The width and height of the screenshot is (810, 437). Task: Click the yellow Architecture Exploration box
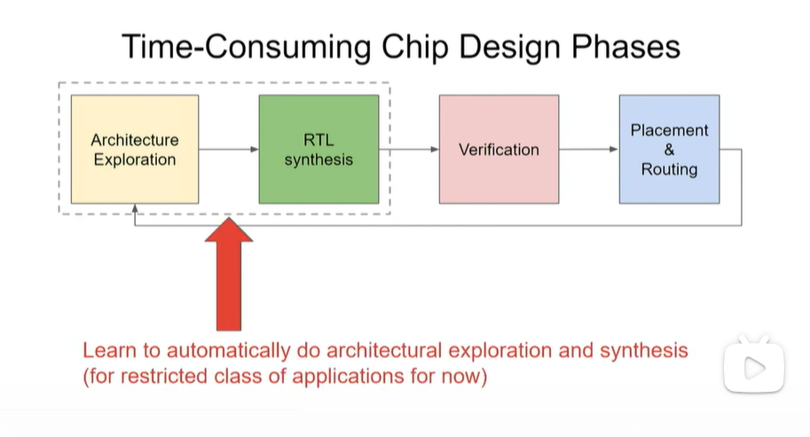[x=134, y=150]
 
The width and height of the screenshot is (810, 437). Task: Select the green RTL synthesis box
[x=318, y=150]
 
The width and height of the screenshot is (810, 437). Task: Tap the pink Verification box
[x=499, y=150]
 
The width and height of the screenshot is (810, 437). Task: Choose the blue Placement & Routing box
[x=669, y=150]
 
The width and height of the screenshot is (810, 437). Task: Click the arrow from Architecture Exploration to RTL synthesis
[x=228, y=150]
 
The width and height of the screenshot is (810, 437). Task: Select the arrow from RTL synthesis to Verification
[x=409, y=150]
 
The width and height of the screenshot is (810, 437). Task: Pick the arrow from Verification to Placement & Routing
[x=589, y=150]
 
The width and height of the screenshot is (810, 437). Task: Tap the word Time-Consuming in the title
[x=230, y=46]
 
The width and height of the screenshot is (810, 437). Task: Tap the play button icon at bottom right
[x=754, y=364]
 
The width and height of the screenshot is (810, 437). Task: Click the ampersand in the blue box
[x=669, y=150]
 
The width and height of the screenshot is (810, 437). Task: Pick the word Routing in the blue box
[x=669, y=168]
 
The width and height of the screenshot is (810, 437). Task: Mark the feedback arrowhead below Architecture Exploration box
[x=134, y=209]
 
